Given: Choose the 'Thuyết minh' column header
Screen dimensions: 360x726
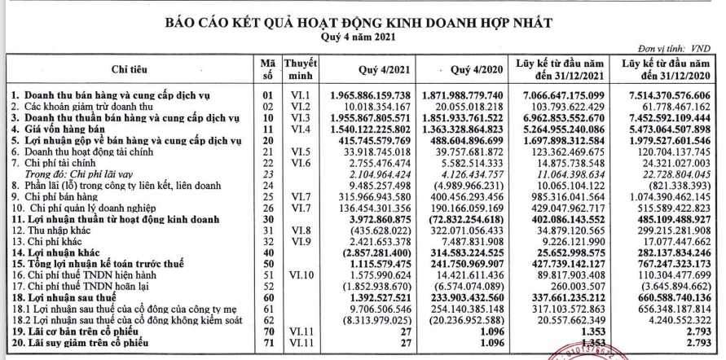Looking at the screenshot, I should (x=300, y=70).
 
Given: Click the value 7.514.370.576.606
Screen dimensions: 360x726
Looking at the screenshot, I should (x=666, y=95).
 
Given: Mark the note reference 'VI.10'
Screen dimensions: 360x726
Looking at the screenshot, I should (x=298, y=275).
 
